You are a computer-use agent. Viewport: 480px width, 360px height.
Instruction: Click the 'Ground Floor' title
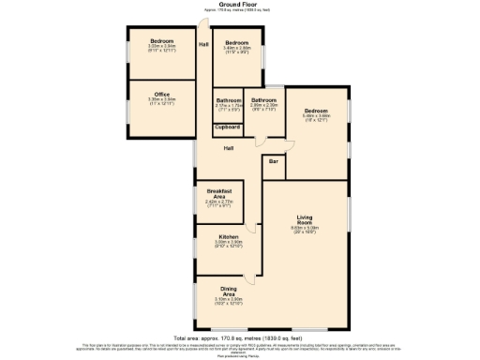[x=240, y=4]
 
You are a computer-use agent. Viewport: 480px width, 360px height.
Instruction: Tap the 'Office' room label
[x=162, y=93]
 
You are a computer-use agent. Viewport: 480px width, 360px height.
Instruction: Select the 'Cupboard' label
[x=228, y=127]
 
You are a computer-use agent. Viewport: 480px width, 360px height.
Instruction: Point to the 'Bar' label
[x=274, y=162]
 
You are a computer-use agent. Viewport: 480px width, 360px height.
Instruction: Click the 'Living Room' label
[x=304, y=219]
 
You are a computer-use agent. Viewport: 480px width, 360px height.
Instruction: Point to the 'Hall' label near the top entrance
[x=203, y=45]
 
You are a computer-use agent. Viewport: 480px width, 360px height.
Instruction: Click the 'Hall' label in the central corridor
[x=229, y=148]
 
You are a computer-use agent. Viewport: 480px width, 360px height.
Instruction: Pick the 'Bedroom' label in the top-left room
[x=162, y=40]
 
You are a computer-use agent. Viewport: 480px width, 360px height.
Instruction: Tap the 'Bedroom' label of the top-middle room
[x=237, y=42]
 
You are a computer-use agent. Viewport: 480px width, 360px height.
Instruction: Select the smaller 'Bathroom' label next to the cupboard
[x=229, y=100]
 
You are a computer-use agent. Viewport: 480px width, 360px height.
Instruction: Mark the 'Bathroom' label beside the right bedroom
[x=263, y=100]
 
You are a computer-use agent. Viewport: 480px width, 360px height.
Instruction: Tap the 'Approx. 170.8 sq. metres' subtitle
[x=240, y=9]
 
